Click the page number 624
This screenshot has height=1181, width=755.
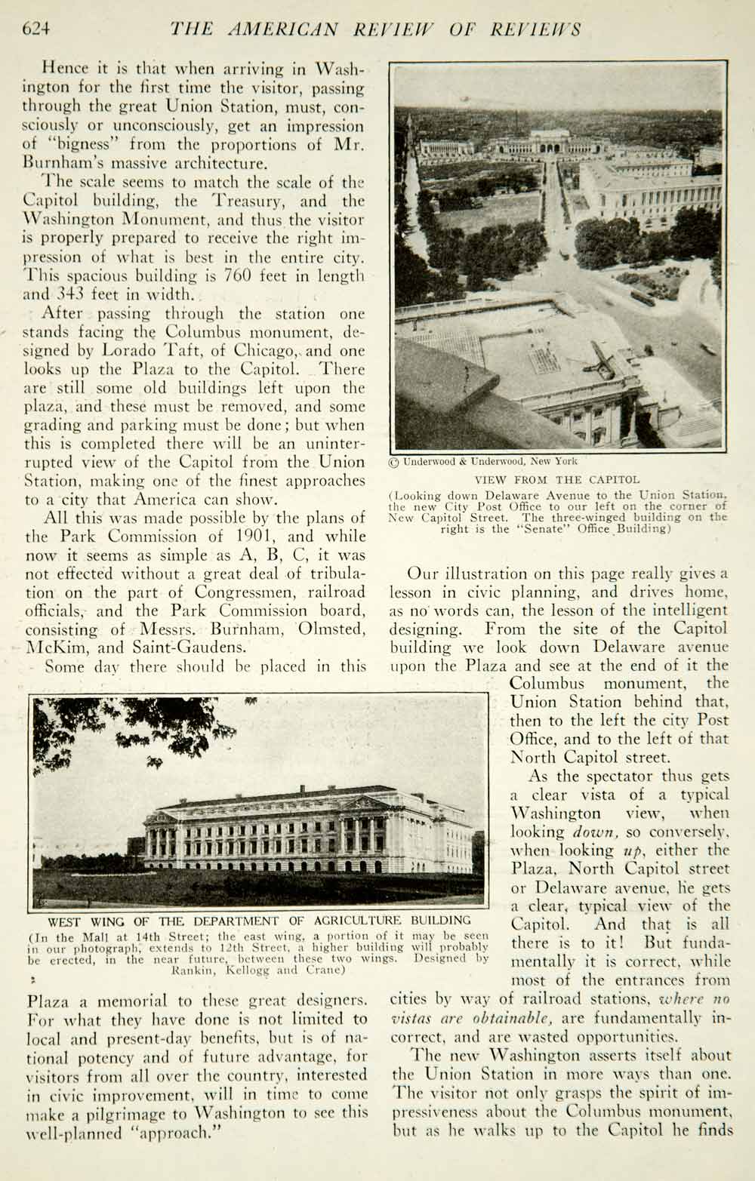(36, 29)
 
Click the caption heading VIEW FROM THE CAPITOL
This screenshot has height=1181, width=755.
(557, 479)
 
